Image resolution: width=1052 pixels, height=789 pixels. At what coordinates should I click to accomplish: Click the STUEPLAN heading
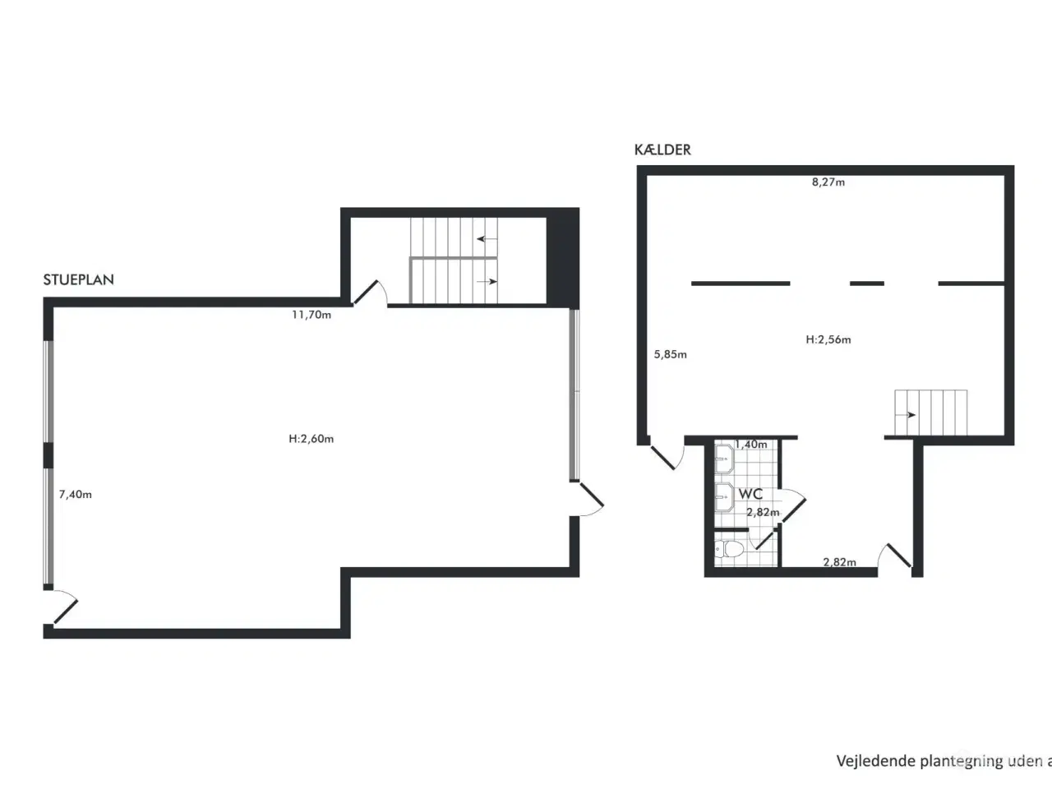pyautogui.click(x=79, y=279)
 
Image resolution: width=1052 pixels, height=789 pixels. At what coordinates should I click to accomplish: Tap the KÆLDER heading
pyautogui.click(x=662, y=150)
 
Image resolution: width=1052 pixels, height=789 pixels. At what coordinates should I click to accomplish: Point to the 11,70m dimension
pyautogui.click(x=311, y=315)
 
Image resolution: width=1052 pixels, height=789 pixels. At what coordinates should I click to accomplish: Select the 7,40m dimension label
pyautogui.click(x=76, y=495)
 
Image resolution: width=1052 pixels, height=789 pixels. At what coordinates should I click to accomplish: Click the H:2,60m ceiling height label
pyautogui.click(x=311, y=439)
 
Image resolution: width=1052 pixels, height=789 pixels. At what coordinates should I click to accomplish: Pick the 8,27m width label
pyautogui.click(x=828, y=182)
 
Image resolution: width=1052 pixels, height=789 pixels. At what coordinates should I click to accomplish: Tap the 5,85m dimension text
pyautogui.click(x=670, y=354)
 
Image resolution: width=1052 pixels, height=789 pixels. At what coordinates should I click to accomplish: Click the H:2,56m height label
pyautogui.click(x=828, y=339)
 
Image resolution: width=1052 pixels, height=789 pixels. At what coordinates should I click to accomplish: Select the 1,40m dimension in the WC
pyautogui.click(x=751, y=445)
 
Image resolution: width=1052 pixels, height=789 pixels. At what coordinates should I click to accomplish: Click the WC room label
pyautogui.click(x=750, y=494)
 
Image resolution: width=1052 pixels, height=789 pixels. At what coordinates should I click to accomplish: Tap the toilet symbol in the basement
pyautogui.click(x=729, y=549)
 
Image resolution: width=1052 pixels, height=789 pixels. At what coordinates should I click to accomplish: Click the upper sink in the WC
pyautogui.click(x=724, y=459)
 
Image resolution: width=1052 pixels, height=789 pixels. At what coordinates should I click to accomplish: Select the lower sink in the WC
pyautogui.click(x=724, y=496)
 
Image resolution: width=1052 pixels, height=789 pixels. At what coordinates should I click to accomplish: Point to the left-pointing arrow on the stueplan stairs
pyautogui.click(x=487, y=238)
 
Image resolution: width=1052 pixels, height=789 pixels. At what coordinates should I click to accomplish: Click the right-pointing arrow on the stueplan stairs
pyautogui.click(x=487, y=282)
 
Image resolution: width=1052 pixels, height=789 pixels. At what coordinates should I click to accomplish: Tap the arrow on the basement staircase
pyautogui.click(x=906, y=415)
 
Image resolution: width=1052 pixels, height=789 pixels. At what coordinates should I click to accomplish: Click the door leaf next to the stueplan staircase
pyautogui.click(x=366, y=293)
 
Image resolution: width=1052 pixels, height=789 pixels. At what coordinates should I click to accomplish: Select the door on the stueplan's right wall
pyautogui.click(x=592, y=495)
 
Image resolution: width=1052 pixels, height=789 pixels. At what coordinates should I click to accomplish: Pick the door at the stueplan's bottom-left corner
pyautogui.click(x=66, y=611)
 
